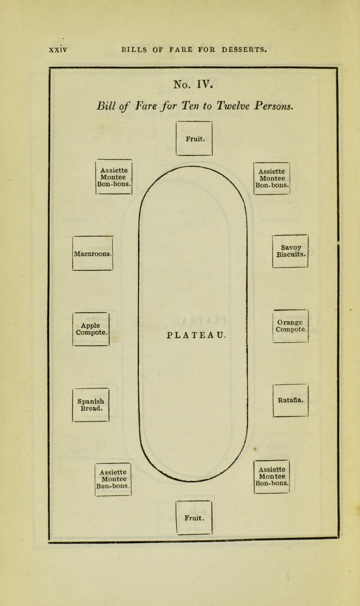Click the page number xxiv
(x=58, y=50)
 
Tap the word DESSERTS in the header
(x=244, y=50)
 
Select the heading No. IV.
(x=193, y=84)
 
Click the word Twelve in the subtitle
(x=234, y=106)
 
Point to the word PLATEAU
(x=196, y=335)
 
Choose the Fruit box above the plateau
(x=194, y=138)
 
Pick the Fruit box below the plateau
(x=194, y=518)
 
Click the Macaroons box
(x=93, y=253)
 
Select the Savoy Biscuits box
(x=290, y=251)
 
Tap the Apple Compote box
(x=91, y=329)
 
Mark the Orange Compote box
(x=291, y=326)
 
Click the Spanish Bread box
(x=90, y=405)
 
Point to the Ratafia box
(x=291, y=400)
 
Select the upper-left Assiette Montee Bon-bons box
(x=114, y=177)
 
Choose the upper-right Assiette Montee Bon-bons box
(x=272, y=178)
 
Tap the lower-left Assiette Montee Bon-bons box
(x=113, y=479)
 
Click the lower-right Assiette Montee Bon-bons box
(x=272, y=477)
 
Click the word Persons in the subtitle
(x=274, y=106)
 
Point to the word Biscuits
(x=291, y=254)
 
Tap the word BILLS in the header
(x=134, y=50)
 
